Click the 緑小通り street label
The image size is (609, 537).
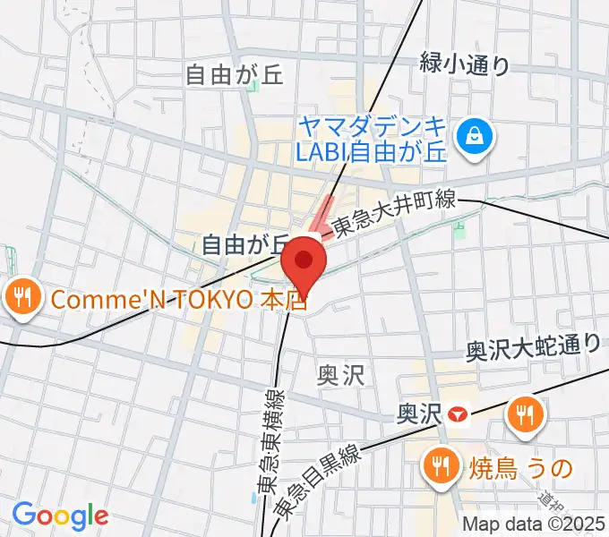click(x=465, y=64)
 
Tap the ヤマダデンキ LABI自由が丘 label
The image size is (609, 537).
click(x=371, y=138)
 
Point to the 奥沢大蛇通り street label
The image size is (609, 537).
click(x=533, y=347)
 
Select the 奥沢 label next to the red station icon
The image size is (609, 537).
click(x=420, y=413)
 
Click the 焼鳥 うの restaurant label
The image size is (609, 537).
click(x=520, y=465)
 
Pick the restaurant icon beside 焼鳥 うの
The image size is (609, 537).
click(x=440, y=465)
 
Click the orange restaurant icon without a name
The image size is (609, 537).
click(x=520, y=413)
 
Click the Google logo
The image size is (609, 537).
click(x=60, y=516)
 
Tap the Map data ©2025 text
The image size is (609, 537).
click(x=534, y=524)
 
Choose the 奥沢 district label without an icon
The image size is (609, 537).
click(x=341, y=374)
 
